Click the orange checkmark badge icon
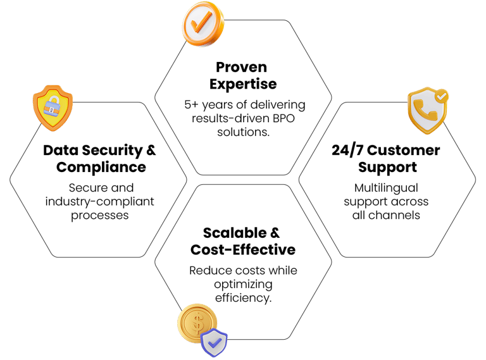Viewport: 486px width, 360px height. [202, 23]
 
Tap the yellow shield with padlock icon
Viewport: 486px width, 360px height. [53, 107]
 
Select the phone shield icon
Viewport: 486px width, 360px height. [427, 111]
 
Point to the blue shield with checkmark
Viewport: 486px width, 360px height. [215, 342]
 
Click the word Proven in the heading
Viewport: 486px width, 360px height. [242, 67]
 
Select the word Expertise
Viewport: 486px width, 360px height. [242, 84]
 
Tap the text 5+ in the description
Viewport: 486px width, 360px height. [189, 105]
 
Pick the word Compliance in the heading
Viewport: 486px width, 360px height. [101, 168]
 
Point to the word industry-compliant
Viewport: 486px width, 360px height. [100, 201]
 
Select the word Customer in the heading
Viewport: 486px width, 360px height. [406, 151]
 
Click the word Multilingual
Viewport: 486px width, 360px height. [386, 188]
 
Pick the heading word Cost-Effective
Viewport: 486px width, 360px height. [243, 250]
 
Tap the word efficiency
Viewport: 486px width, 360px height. [243, 297]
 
